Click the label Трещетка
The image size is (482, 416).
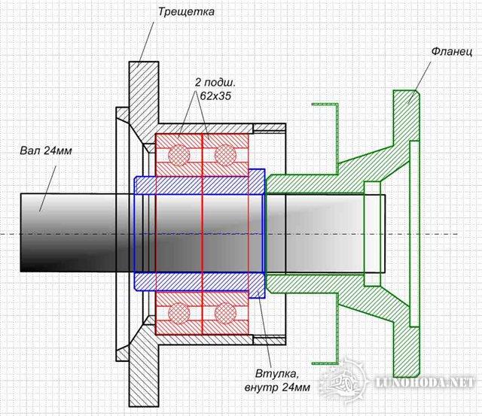pos(186,12)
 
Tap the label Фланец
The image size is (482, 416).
pos(451,52)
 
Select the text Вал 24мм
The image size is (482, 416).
pos(46,151)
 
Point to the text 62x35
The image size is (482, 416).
pos(215,96)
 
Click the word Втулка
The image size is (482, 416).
pos(277,374)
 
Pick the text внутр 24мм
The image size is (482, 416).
pos(277,387)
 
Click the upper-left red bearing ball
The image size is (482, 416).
pos(179,155)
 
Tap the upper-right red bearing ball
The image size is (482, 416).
pos(225,155)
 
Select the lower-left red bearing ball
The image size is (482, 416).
pos(179,313)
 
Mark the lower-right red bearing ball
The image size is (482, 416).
pos(225,313)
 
